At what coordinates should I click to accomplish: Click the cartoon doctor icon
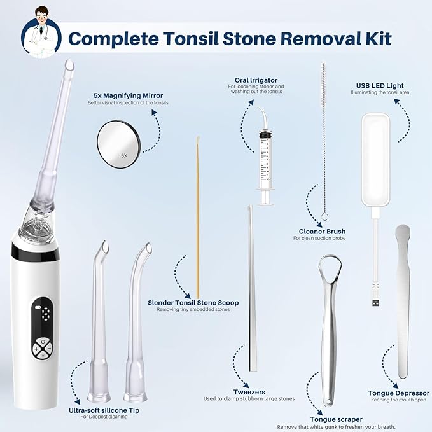tap(41, 32)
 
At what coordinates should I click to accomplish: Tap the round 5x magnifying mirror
tap(119, 144)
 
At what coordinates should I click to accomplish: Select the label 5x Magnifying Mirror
tap(128, 95)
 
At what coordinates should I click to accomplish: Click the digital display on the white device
tap(43, 314)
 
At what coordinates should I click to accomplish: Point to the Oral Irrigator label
tap(256, 80)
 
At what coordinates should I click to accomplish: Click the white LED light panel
tap(375, 160)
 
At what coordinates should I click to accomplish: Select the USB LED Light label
tap(380, 86)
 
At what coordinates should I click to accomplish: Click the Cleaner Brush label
tap(322, 232)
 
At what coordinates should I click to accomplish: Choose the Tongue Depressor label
tap(399, 393)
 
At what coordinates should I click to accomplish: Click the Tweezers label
tap(249, 392)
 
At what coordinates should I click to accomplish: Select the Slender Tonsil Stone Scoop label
tap(193, 303)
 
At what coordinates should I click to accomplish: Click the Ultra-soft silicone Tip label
tap(104, 410)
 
